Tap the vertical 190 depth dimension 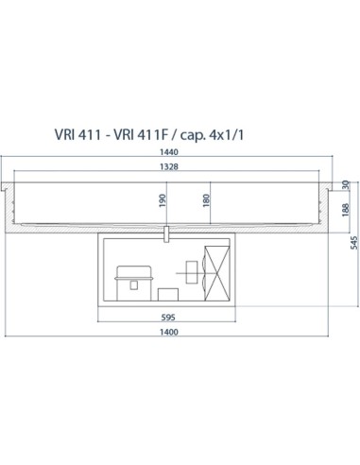pos(162,201)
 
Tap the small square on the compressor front pos(129,281)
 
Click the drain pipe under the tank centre pos(165,232)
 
